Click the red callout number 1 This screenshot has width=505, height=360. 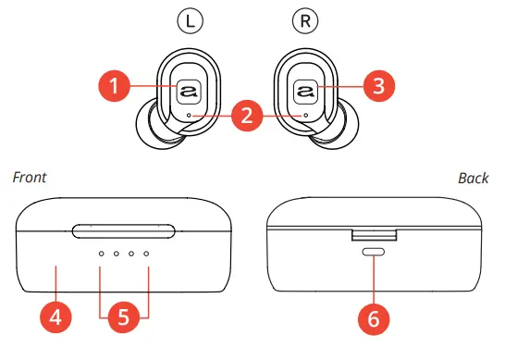(115, 87)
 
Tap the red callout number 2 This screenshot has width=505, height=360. (246, 116)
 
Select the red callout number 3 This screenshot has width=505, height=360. (377, 87)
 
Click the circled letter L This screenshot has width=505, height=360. (186, 18)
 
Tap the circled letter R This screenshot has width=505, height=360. (304, 18)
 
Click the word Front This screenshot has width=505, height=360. (29, 177)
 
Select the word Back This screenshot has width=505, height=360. (473, 177)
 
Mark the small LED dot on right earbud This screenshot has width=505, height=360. (304, 116)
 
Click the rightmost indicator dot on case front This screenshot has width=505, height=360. (146, 253)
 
